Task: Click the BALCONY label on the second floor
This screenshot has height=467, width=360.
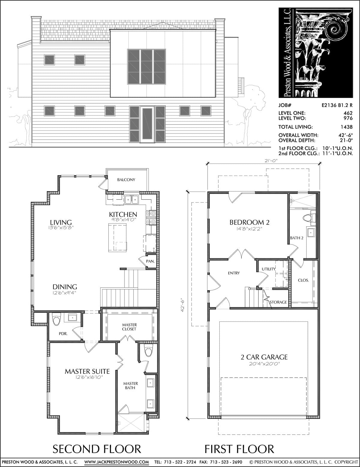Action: point(126,180)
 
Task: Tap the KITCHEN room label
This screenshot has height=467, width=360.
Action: point(123,214)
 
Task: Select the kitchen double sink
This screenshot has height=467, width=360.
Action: point(132,200)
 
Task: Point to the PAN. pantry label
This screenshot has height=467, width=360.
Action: point(150,261)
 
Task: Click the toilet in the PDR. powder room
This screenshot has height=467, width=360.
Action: point(57,319)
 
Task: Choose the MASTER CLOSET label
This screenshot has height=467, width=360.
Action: point(129,327)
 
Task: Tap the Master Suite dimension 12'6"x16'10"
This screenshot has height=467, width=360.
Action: point(87,377)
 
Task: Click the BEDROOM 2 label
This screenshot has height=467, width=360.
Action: point(249,222)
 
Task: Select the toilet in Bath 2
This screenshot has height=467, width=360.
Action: point(309,218)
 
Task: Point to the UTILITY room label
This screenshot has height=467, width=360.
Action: point(268,269)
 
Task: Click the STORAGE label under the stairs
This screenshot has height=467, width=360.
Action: point(278,302)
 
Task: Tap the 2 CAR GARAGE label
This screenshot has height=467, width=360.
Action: point(264,357)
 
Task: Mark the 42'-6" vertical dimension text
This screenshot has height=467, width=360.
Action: point(183,305)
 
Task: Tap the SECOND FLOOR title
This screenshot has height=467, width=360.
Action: point(97,449)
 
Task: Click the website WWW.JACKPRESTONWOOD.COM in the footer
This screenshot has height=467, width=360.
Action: point(117,462)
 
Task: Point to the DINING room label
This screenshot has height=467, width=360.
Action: point(65,287)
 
